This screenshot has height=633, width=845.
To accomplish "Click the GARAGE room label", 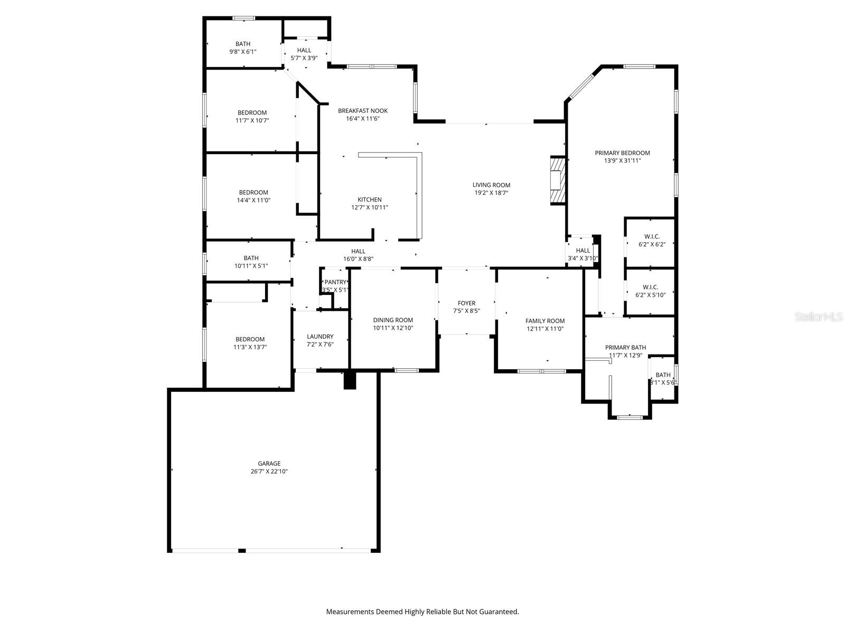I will (x=269, y=464).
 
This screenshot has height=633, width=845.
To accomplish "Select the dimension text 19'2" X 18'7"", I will (x=491, y=193).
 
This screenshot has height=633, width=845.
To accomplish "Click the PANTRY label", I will (x=335, y=282).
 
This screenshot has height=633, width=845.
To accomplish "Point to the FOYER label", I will (x=466, y=303).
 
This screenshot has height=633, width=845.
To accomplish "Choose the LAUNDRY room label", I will (x=320, y=337).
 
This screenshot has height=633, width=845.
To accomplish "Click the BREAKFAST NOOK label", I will (x=363, y=111).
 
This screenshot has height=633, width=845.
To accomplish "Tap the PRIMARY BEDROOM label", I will (x=622, y=153).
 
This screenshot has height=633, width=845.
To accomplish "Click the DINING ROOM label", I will (x=393, y=320).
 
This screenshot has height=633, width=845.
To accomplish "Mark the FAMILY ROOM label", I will (x=545, y=321).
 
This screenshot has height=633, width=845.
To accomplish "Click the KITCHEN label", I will (x=370, y=200).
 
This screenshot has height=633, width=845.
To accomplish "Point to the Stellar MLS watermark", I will (x=820, y=317).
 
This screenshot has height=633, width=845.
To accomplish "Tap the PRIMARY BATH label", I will (x=625, y=348).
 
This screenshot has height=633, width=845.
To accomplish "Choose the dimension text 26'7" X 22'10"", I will (x=269, y=472).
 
